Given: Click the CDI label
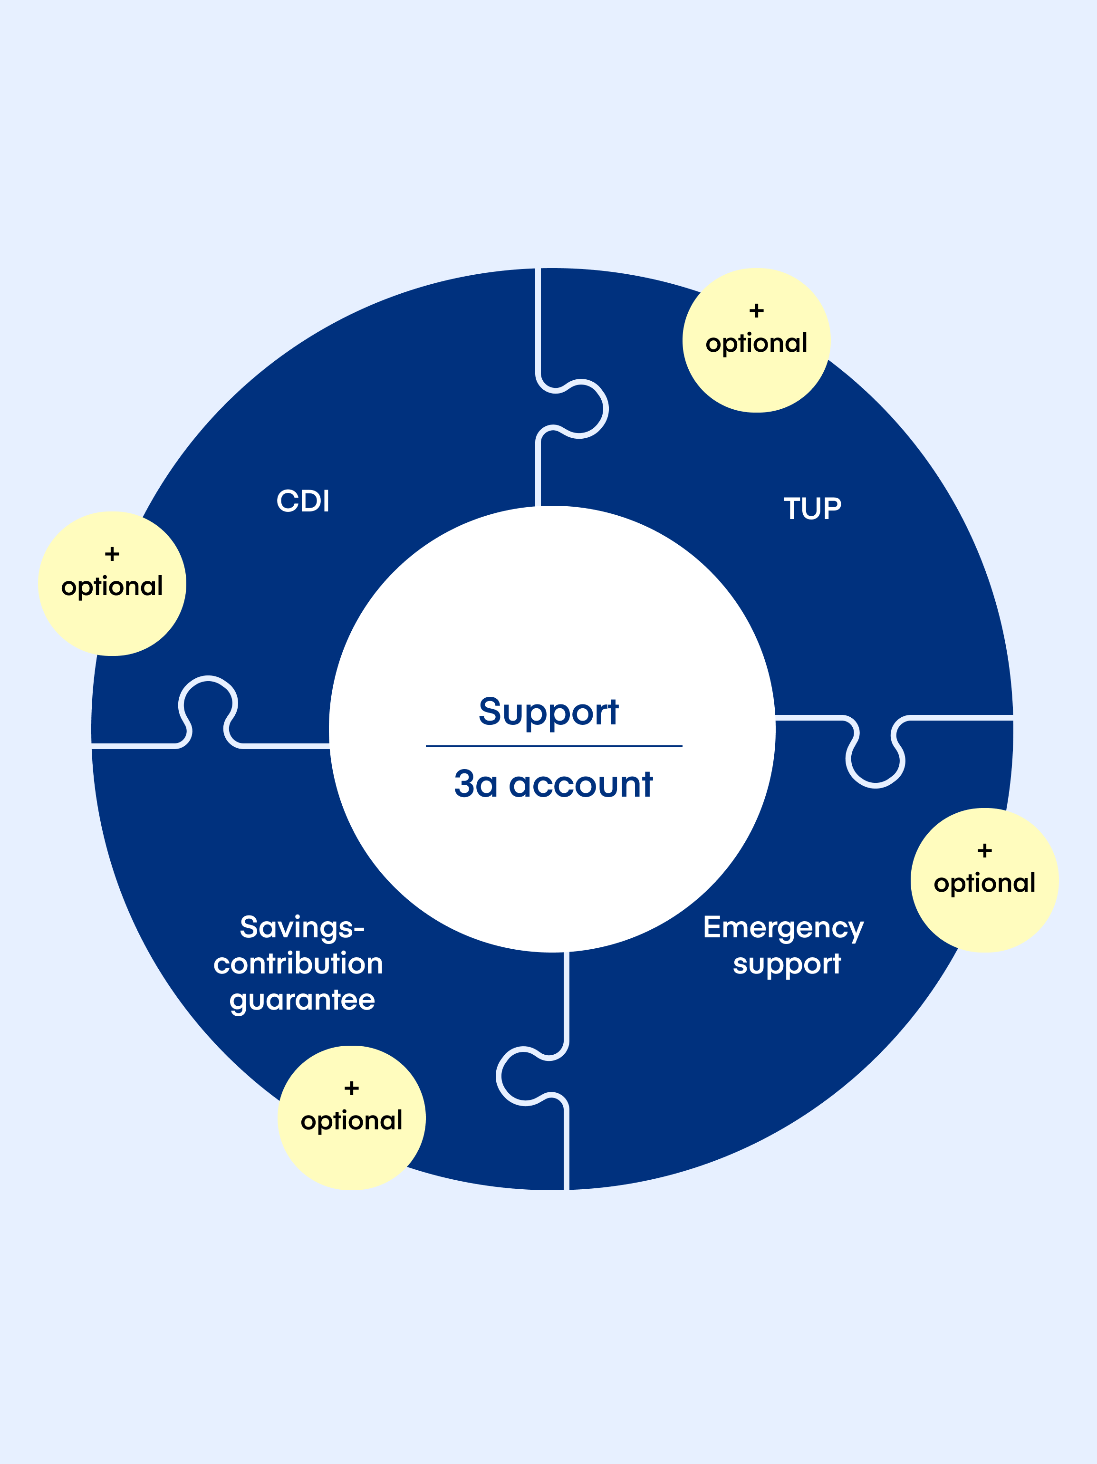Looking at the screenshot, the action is (x=303, y=501).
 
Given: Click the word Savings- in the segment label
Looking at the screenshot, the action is (x=302, y=927).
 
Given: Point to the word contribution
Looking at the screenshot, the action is (x=298, y=963).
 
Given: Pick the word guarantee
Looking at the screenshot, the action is (x=302, y=1001).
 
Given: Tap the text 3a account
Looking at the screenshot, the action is (x=553, y=784).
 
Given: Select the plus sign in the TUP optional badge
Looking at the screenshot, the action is (x=756, y=310).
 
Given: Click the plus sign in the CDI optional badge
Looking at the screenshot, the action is (x=112, y=554).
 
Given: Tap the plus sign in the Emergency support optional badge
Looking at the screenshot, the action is (x=984, y=850).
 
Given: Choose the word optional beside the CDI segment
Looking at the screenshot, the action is (x=112, y=587).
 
